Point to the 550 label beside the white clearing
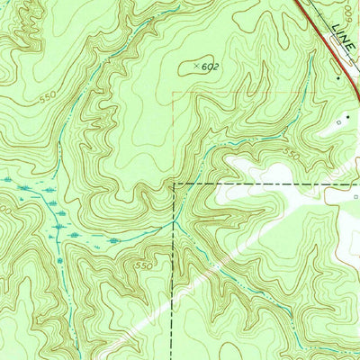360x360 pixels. click(x=290, y=155)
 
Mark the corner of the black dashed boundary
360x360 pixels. click(x=174, y=184)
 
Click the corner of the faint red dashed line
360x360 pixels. click(x=173, y=91)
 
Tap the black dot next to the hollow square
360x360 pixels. click(x=348, y=117)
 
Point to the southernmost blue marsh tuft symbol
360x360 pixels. click(x=61, y=261)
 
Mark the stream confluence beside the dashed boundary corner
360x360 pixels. click(x=178, y=217)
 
